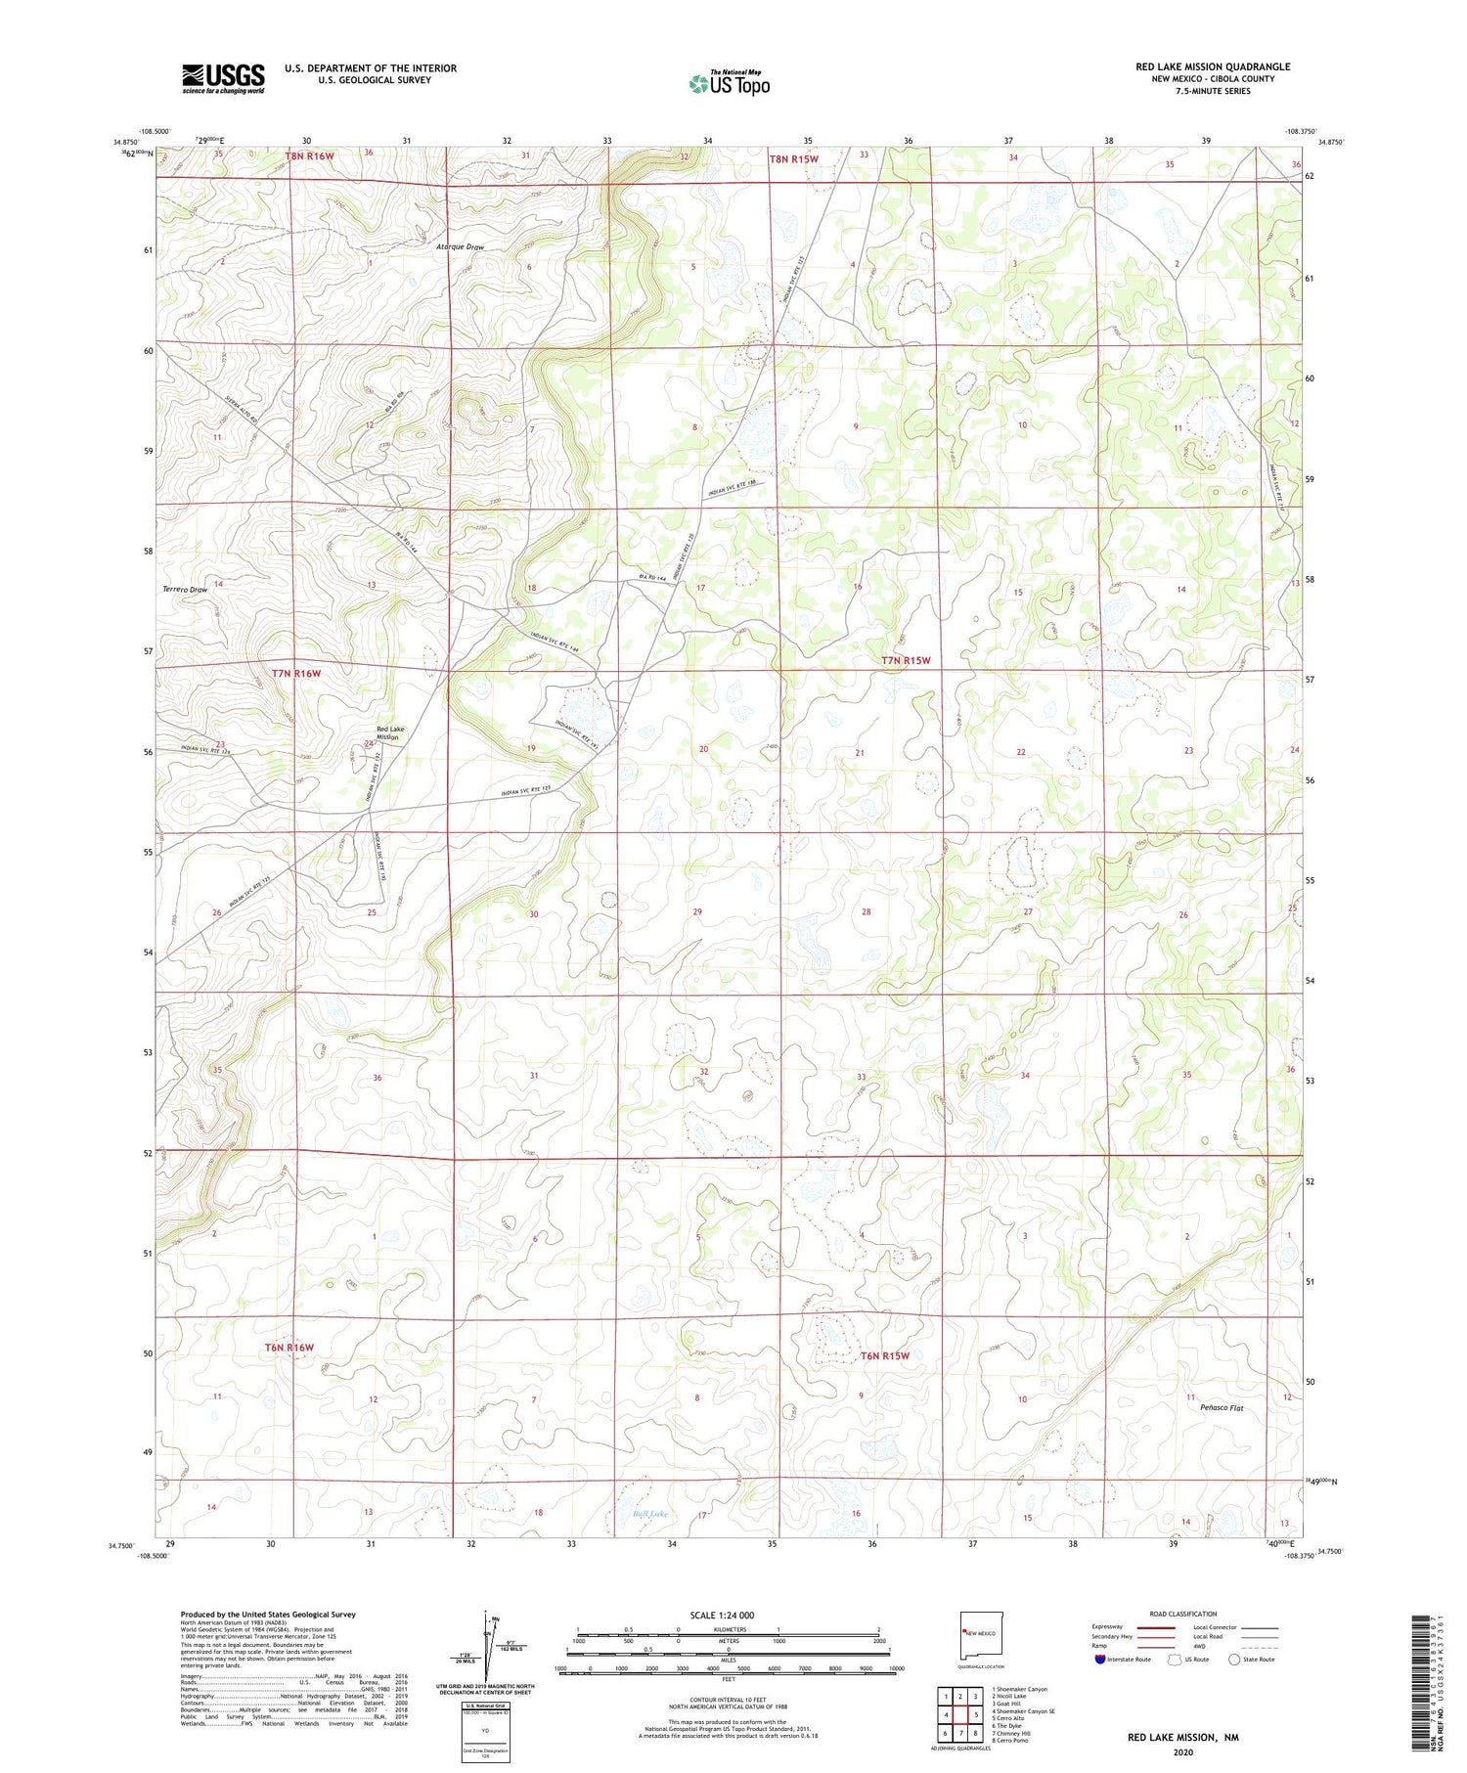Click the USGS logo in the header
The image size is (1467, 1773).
tap(223, 78)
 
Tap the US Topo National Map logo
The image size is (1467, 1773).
tap(729, 83)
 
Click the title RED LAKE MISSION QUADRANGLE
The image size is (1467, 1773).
tap(1213, 66)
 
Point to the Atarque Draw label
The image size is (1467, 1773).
tap(460, 247)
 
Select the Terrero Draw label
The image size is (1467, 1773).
tap(185, 590)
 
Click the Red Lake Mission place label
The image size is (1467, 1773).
tap(389, 733)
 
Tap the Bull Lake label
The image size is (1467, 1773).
tap(650, 1515)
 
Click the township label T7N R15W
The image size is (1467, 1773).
tap(906, 661)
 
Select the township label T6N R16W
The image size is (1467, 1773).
tap(289, 1348)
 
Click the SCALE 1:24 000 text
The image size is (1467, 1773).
tap(722, 1616)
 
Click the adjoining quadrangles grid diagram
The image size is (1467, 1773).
tap(959, 1707)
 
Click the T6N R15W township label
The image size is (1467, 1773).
tap(885, 1356)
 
